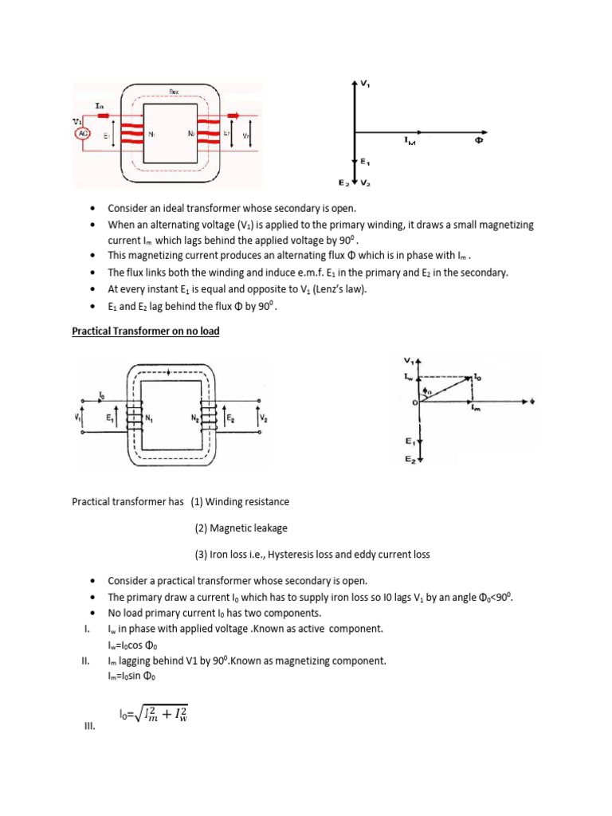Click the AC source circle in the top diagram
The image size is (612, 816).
coord(82,133)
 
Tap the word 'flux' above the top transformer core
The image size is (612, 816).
coord(173,92)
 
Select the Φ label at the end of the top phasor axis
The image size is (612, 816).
coord(480,139)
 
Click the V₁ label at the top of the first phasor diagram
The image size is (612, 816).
coord(366,83)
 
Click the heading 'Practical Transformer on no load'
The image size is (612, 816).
coord(145,331)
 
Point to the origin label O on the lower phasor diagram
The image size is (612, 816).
coord(414,402)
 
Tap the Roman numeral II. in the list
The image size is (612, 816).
coord(84,661)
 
